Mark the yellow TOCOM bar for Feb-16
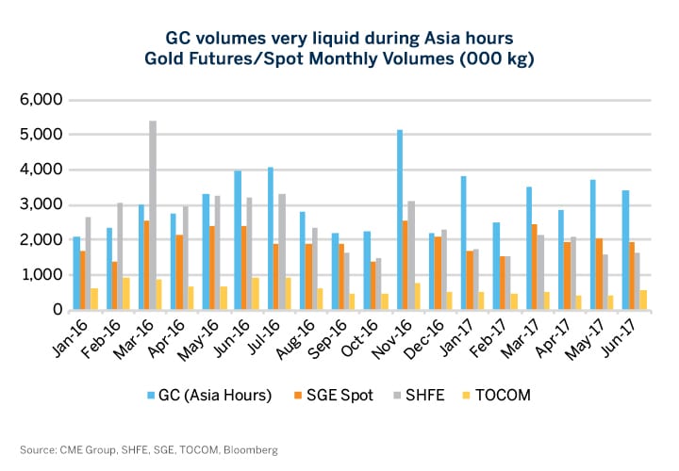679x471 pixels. point(126,293)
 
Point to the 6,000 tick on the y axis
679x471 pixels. point(41,100)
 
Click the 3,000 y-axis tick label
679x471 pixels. point(41,204)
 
